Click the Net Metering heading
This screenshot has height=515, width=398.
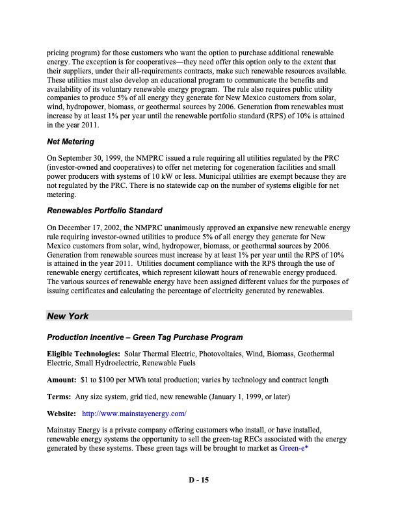pos(70,141)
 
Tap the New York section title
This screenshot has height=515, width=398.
pos(68,316)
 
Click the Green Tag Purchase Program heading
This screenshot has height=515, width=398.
pos(145,337)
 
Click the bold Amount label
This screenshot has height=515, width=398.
pos(62,379)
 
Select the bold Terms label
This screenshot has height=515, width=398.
pos(59,396)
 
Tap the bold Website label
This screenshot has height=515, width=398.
pos(62,413)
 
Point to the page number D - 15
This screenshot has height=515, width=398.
pos(198,481)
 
